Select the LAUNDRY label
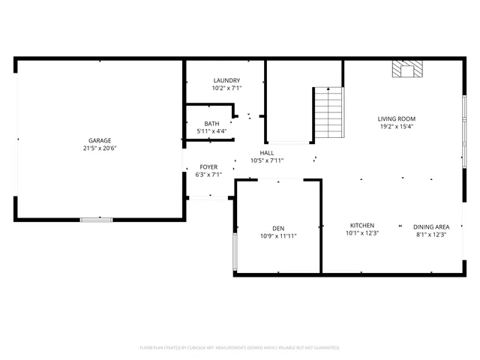pyautogui.click(x=226, y=80)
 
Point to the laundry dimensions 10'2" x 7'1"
pyautogui.click(x=226, y=88)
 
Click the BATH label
pyautogui.click(x=211, y=124)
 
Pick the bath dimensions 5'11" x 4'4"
pyautogui.click(x=211, y=131)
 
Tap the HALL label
pyautogui.click(x=266, y=152)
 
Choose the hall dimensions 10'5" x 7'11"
pyautogui.click(x=266, y=160)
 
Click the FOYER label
pyautogui.click(x=208, y=166)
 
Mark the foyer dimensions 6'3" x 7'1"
pyautogui.click(x=208, y=174)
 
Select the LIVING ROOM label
pyautogui.click(x=396, y=118)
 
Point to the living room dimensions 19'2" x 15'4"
pyautogui.click(x=396, y=126)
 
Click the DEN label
pyautogui.click(x=278, y=229)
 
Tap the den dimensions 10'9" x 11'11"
pyautogui.click(x=278, y=236)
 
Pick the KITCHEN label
pyautogui.click(x=362, y=226)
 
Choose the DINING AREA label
pyautogui.click(x=431, y=226)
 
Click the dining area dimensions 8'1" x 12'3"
pyautogui.click(x=431, y=234)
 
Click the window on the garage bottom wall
pyautogui.click(x=97, y=219)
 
